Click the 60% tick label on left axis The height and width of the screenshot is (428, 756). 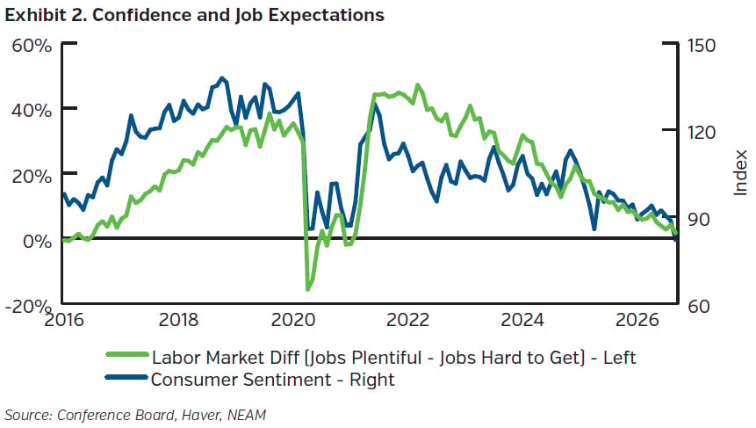click(x=32, y=46)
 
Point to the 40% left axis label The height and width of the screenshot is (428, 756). click(x=32, y=111)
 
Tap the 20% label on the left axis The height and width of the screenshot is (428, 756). click(x=32, y=176)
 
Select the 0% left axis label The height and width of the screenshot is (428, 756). click(x=38, y=242)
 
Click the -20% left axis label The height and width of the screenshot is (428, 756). click(x=28, y=306)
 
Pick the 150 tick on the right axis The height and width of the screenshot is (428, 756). click(x=702, y=46)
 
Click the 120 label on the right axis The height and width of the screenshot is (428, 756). click(x=702, y=132)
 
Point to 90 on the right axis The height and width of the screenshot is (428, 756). click(x=699, y=220)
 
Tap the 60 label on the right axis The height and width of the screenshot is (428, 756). click(x=699, y=306)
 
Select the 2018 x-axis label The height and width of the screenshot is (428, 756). click(x=178, y=320)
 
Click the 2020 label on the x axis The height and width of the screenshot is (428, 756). click(x=293, y=320)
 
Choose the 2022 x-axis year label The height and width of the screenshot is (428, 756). click(x=407, y=320)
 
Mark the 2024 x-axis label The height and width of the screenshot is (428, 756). click(x=522, y=320)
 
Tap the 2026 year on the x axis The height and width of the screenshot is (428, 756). click(x=637, y=320)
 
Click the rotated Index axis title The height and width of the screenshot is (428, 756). click(x=740, y=173)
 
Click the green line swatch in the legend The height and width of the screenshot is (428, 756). click(x=126, y=355)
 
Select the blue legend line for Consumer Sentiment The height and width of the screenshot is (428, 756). click(x=126, y=377)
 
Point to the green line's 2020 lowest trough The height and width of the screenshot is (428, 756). click(x=308, y=289)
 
